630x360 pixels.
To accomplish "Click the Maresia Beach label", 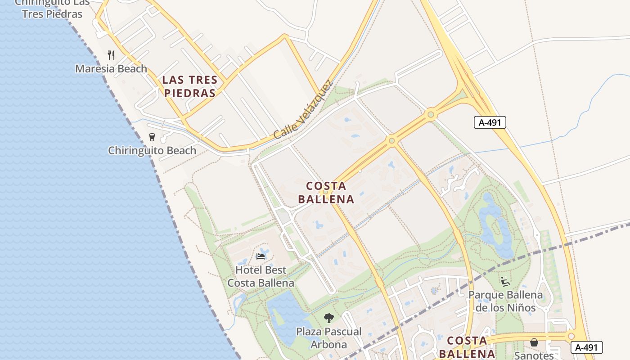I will coord(111,69).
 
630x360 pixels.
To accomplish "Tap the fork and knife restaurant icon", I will coord(111,55).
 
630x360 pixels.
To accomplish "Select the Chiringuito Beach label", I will coord(152,151).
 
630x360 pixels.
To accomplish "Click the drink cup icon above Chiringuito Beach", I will coord(152,137).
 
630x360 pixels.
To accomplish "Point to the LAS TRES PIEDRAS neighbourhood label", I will coord(189,86).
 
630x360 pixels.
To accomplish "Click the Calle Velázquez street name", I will coord(303,110).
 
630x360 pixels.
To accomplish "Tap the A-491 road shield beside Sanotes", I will coord(586,347).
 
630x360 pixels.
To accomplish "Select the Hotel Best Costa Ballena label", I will coord(261,276).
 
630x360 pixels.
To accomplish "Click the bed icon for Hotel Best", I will coord(261,256).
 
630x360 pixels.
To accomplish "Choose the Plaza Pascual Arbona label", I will coord(328,338).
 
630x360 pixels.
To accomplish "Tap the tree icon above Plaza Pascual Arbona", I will coord(329,318).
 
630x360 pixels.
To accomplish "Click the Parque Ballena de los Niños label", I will coord(506,301).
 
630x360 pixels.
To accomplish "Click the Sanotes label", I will coord(534,355).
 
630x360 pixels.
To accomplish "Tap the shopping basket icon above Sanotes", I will coord(534,342).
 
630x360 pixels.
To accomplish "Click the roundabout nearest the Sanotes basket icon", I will coord(571,336).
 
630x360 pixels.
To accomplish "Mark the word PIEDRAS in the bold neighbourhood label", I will coord(189,93).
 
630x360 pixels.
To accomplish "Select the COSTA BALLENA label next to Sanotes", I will coord(467,346).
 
